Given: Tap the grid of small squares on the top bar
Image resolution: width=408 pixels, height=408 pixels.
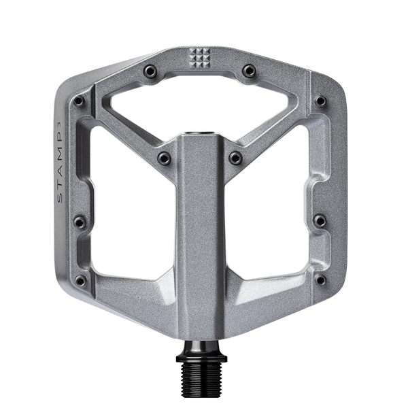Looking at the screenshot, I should [x=201, y=57].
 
